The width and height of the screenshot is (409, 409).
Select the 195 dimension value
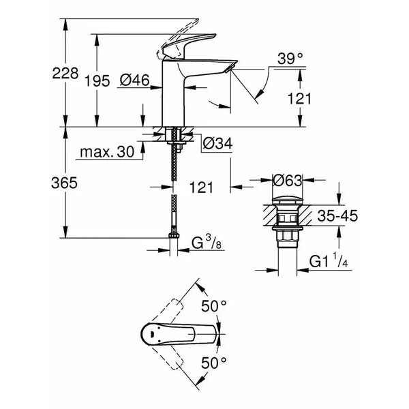(97, 81)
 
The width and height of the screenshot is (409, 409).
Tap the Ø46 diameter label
(136, 81)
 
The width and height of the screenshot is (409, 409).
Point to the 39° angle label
(290, 61)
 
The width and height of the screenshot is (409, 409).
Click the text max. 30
(106, 151)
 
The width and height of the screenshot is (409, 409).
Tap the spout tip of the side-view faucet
(228, 66)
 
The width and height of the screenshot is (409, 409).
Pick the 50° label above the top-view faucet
(213, 307)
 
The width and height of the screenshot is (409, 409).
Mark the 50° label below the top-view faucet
(213, 363)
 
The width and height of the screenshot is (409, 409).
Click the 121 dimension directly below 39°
(300, 99)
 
